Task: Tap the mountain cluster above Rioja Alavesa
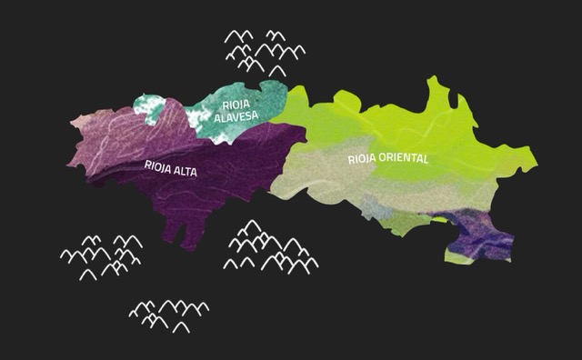(264, 50)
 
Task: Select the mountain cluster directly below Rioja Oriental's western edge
(271, 248)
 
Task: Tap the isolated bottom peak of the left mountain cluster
(87, 274)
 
